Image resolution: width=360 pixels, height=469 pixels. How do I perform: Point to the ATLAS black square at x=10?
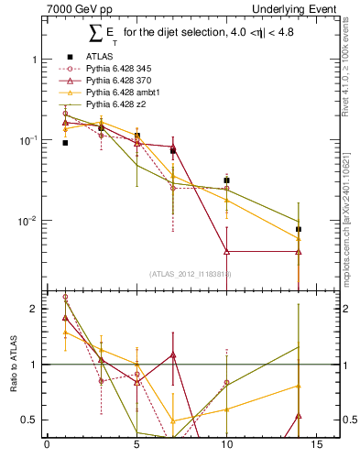coord(226,180)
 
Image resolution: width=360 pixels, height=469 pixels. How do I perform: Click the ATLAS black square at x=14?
coord(299,229)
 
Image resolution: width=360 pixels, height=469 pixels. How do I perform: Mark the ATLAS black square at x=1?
coord(65,143)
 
